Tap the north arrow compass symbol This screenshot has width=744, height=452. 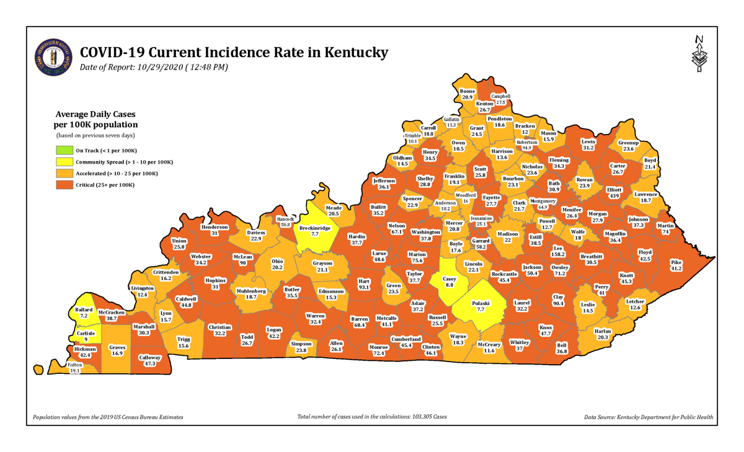[x=699, y=55]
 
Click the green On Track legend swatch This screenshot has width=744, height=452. [x=63, y=151]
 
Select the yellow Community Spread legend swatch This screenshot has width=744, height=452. [x=63, y=162]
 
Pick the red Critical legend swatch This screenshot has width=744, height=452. [x=63, y=185]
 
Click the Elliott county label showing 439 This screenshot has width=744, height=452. [x=614, y=192]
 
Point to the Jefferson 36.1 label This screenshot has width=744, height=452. [x=384, y=184]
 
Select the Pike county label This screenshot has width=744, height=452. [x=676, y=265]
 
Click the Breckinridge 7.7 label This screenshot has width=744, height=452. [x=314, y=231]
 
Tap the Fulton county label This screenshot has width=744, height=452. [x=74, y=368]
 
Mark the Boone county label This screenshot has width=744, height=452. [x=467, y=94]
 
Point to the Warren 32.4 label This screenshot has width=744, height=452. [x=315, y=319]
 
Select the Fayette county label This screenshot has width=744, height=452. [x=491, y=200]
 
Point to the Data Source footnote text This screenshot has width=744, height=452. [x=649, y=417]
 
